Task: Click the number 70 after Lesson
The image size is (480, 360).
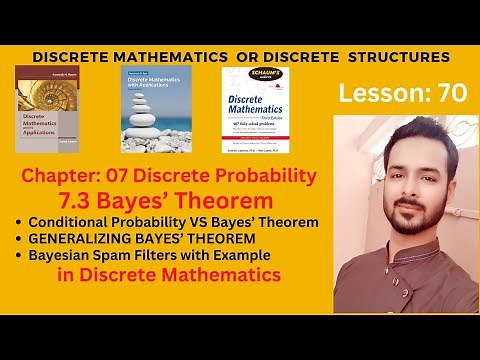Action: (446, 95)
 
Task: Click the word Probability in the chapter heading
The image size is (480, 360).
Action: (267, 176)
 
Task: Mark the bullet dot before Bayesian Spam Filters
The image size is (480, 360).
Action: (21, 255)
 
